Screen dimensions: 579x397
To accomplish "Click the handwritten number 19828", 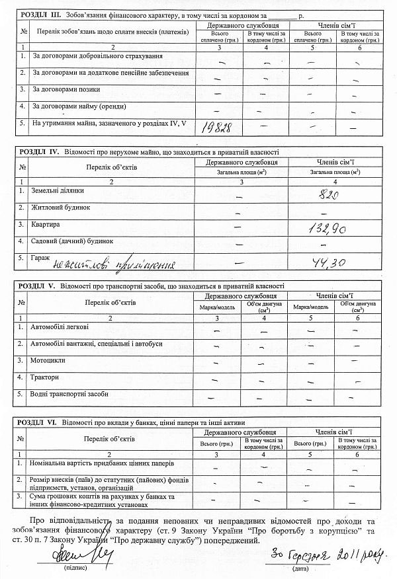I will [x=216, y=126].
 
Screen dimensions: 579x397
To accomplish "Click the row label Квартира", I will [x=47, y=225].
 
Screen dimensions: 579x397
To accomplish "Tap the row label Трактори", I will [x=48, y=377].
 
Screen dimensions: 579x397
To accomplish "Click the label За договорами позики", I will [x=66, y=89].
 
